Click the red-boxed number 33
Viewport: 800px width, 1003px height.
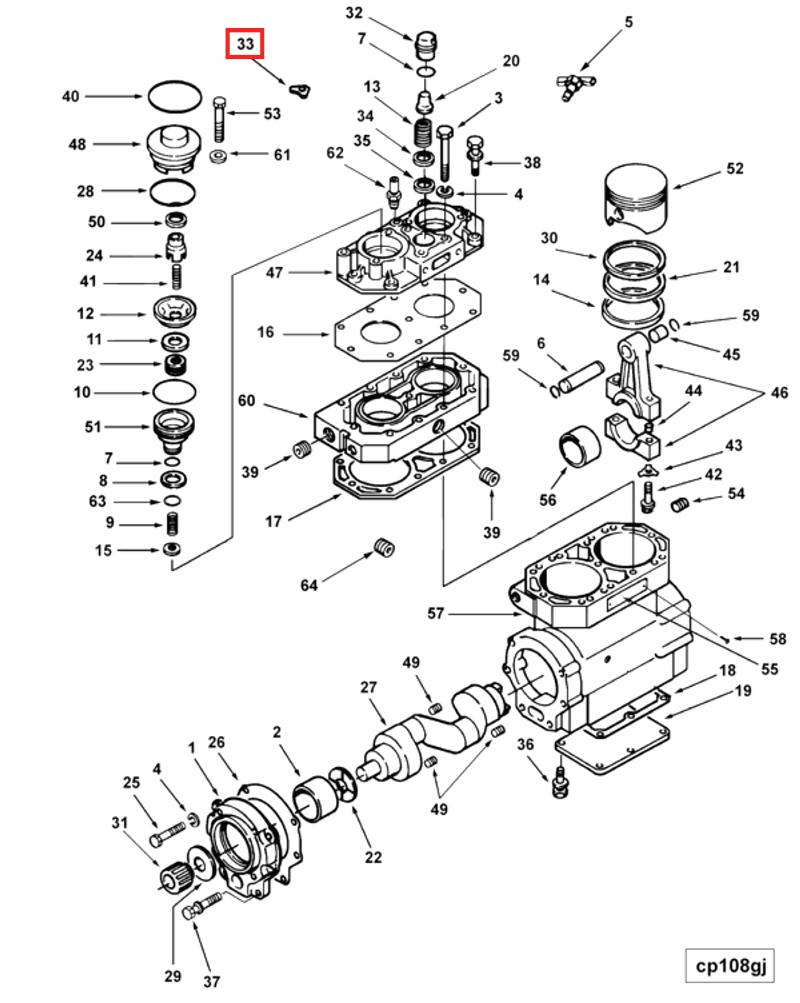(245, 44)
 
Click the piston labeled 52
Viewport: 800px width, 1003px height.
(636, 198)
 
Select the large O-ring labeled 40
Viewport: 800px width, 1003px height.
(175, 97)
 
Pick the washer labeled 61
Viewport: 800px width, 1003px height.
(218, 156)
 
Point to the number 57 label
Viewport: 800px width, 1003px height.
(435, 613)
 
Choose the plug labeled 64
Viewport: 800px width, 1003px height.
(383, 548)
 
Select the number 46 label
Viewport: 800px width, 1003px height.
(779, 393)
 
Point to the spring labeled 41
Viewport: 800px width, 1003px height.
(177, 277)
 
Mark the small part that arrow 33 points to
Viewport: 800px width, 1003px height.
(300, 90)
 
